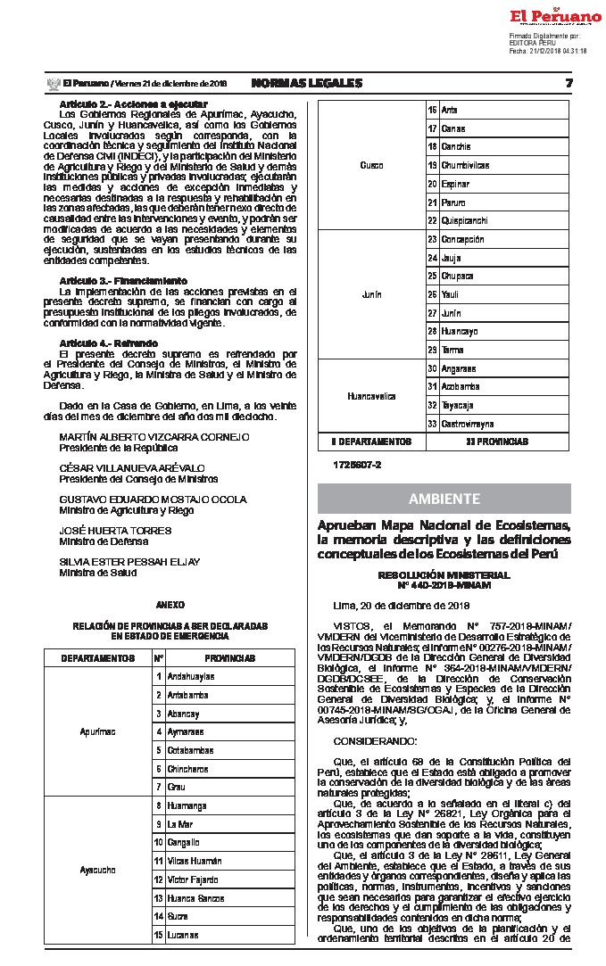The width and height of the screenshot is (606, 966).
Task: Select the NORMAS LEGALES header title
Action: [x=307, y=83]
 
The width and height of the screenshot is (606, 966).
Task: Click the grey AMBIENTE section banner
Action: [x=444, y=498]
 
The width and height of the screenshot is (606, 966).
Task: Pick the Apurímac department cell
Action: [x=97, y=731]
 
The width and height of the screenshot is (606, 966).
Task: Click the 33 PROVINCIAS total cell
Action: [x=497, y=442]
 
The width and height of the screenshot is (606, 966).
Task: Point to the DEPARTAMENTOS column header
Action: [x=97, y=658]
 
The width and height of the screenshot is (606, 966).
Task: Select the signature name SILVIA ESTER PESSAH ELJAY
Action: [x=129, y=561]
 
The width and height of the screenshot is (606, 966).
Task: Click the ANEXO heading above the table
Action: [x=170, y=605]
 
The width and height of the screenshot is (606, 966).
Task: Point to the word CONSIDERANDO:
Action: [x=374, y=741]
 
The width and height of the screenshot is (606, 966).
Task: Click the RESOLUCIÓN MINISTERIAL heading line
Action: [x=444, y=576]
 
